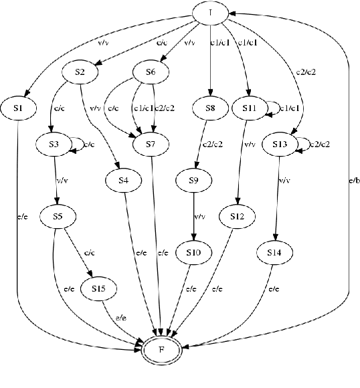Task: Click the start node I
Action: coord(210,13)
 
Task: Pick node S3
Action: coord(56,143)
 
